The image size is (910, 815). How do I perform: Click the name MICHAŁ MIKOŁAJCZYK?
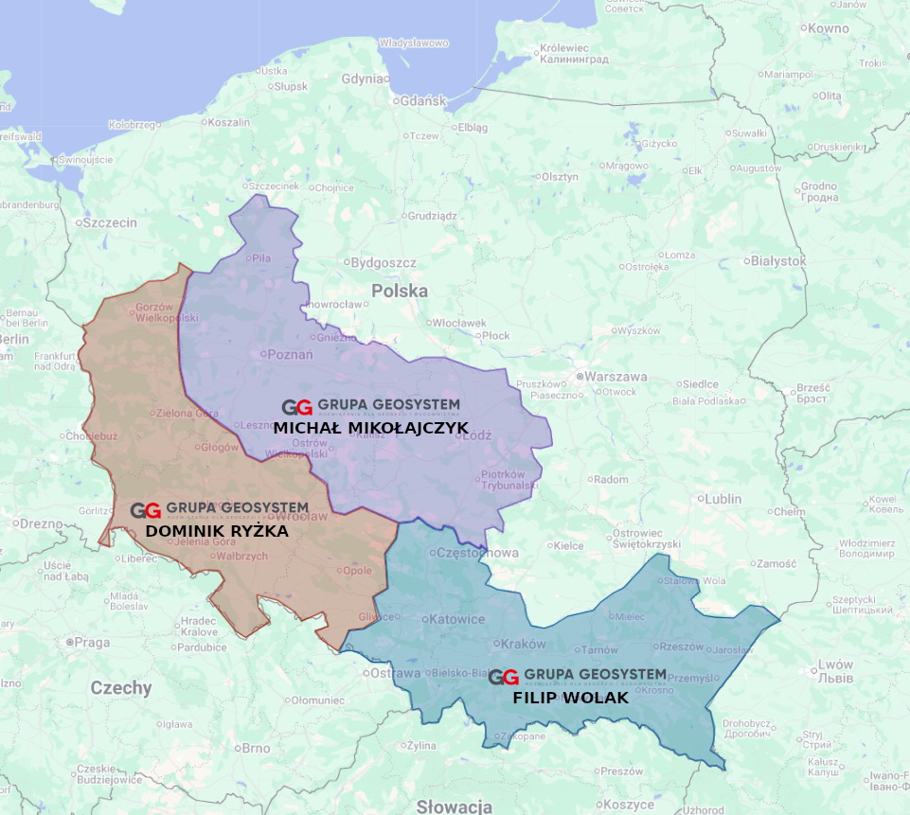(x=370, y=428)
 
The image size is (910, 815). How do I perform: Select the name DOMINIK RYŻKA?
(x=217, y=532)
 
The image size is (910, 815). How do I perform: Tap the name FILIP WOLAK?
(x=570, y=698)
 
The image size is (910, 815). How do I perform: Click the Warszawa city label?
(x=615, y=377)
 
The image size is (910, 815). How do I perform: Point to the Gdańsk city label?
(x=422, y=100)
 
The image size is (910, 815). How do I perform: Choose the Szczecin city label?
(x=109, y=223)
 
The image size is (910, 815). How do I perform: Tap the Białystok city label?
(x=777, y=260)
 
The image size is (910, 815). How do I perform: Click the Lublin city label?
(x=722, y=499)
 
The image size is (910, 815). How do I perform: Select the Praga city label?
(x=92, y=642)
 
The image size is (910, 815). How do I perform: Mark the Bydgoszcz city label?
(x=384, y=262)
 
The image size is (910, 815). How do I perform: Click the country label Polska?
(x=399, y=291)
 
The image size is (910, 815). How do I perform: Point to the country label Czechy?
(x=120, y=688)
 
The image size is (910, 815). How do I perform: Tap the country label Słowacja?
(x=454, y=806)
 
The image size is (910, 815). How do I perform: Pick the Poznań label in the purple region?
(x=291, y=354)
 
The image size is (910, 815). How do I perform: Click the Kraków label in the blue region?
(x=524, y=644)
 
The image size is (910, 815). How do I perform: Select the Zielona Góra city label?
(x=187, y=413)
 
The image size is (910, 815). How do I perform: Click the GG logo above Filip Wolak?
(x=503, y=678)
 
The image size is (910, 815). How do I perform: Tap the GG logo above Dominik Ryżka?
(x=145, y=511)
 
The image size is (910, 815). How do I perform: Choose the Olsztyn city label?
(x=559, y=177)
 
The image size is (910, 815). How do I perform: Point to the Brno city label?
(x=255, y=748)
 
